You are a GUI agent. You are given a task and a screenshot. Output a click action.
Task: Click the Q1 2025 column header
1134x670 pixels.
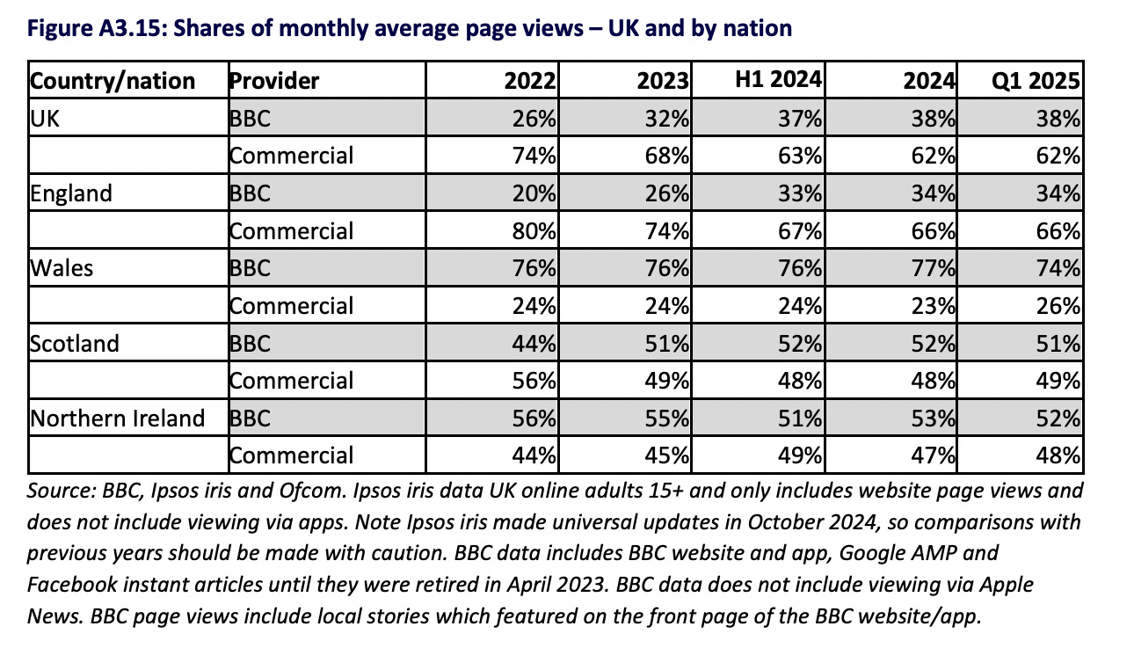click(1036, 81)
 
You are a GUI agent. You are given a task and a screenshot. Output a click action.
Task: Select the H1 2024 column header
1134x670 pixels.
click(778, 79)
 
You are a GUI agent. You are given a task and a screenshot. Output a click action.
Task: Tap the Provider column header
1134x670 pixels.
click(274, 81)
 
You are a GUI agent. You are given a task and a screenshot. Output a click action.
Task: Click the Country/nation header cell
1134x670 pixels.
click(113, 81)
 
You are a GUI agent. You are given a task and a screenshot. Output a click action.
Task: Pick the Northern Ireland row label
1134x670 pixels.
click(118, 419)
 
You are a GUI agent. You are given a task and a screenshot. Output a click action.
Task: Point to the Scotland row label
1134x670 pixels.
click(75, 344)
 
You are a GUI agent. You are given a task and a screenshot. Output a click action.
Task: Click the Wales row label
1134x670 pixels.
click(62, 268)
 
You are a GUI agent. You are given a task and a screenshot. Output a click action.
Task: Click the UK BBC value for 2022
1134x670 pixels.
click(534, 119)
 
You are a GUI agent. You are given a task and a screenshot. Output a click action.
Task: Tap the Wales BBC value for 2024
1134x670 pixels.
click(933, 268)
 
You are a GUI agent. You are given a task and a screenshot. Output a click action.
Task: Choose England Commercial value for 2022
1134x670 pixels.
click(534, 231)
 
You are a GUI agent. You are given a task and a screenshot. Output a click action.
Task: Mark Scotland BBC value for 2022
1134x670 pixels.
click(534, 344)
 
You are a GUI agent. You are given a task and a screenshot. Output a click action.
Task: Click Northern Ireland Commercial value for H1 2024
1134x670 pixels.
click(800, 455)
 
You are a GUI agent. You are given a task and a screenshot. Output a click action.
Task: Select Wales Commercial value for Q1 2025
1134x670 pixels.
click(1058, 306)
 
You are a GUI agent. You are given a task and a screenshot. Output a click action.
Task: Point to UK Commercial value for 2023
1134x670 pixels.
click(666, 157)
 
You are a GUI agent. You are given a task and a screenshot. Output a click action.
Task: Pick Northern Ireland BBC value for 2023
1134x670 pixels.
click(666, 419)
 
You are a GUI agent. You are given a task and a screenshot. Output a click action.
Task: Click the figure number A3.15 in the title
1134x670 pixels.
click(129, 28)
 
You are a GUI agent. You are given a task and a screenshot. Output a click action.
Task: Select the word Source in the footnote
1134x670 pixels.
click(62, 491)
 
